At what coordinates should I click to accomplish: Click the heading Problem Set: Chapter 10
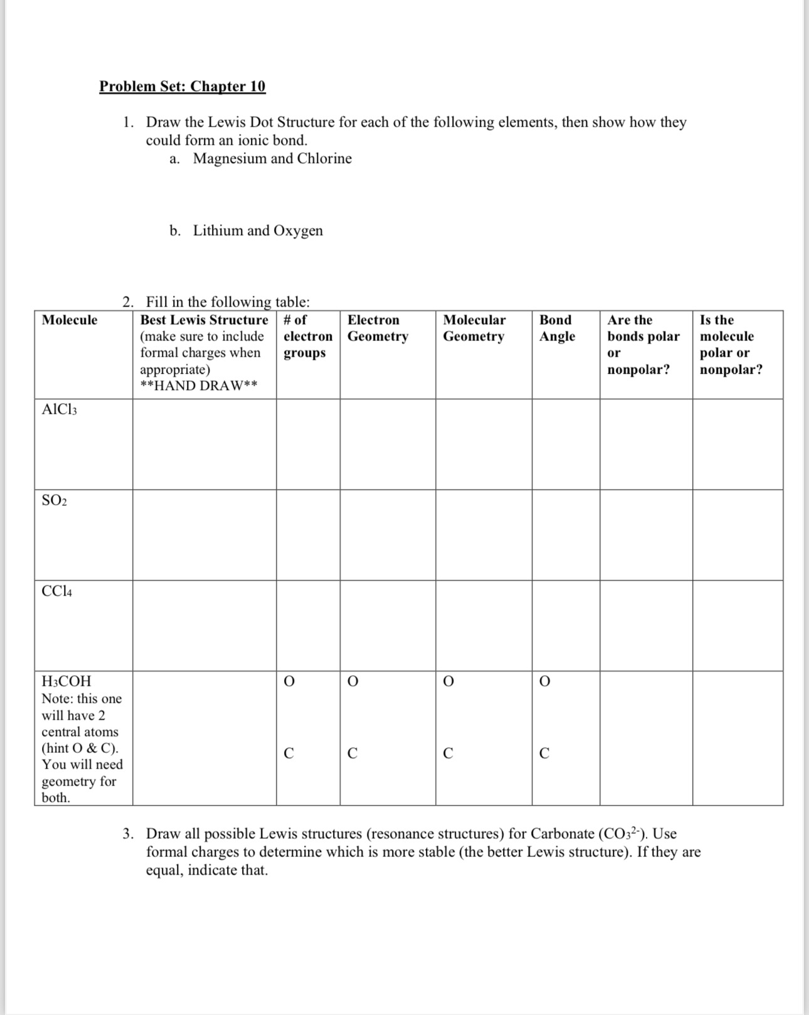(x=182, y=86)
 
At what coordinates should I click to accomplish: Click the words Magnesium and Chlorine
(x=272, y=159)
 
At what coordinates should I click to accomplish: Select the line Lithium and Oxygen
(x=258, y=231)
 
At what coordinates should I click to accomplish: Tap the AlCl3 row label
(x=59, y=410)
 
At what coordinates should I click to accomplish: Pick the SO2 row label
(x=54, y=500)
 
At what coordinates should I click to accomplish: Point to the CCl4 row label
(x=56, y=591)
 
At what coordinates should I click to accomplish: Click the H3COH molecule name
(x=66, y=681)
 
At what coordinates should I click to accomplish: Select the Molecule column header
(x=70, y=320)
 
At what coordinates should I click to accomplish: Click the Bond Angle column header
(x=557, y=328)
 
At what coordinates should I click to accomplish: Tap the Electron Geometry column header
(x=378, y=328)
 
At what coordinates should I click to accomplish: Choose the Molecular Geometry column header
(x=474, y=328)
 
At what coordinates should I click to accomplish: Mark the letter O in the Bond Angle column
(x=544, y=681)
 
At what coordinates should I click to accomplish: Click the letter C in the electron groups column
(x=288, y=754)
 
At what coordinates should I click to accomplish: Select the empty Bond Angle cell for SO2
(x=566, y=535)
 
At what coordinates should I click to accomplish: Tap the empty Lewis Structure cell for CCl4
(x=204, y=626)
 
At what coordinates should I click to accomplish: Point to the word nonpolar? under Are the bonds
(x=638, y=370)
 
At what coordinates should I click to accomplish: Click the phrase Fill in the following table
(x=228, y=302)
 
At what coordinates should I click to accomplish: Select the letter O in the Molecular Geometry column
(x=448, y=681)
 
